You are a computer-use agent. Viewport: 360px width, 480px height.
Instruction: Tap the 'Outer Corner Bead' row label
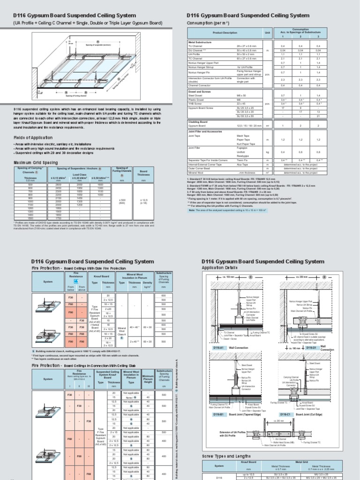(200, 155)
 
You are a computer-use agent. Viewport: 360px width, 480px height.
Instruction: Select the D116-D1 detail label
(313, 349)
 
